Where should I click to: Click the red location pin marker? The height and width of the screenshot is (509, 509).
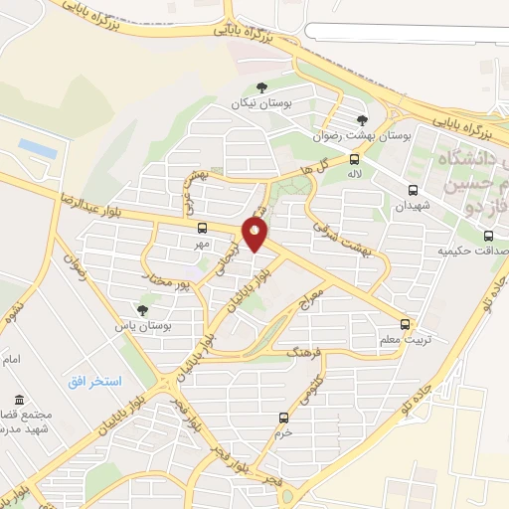tap(255, 235)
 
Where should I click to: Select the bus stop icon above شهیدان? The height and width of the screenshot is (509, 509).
tap(413, 190)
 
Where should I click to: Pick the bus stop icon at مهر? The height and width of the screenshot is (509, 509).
tap(203, 227)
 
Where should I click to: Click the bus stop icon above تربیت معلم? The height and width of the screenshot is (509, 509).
tap(405, 323)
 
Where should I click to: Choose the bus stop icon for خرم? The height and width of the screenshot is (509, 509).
tap(285, 417)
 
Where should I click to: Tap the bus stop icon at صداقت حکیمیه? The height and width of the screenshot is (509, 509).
tap(488, 236)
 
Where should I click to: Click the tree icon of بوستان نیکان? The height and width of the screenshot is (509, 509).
tap(261, 87)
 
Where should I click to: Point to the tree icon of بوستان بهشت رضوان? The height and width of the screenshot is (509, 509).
tap(361, 120)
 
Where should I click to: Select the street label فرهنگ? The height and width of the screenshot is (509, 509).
tap(305, 350)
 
